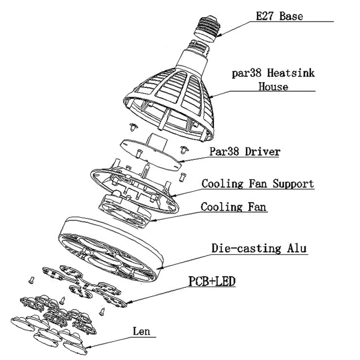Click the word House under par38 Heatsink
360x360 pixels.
273,87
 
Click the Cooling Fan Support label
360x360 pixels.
257,184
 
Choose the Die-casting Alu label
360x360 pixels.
259,248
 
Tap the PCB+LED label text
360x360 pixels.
211,281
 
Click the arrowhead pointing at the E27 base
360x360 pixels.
217,35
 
